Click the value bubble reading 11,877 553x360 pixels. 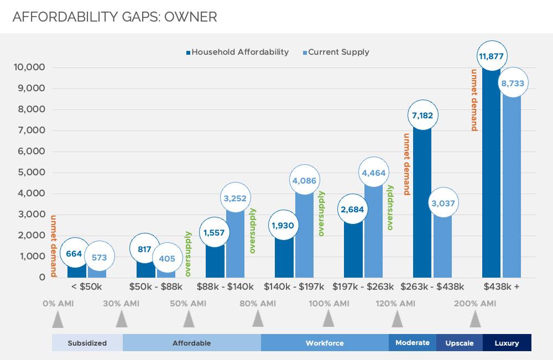491,56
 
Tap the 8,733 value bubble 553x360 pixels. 512,84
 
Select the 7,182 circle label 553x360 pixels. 422,116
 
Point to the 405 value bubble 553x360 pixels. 166,258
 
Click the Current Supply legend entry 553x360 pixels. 337,53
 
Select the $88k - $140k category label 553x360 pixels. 225,287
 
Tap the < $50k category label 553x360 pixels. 86,287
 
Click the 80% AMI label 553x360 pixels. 258,304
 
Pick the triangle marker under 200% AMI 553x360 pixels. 474,319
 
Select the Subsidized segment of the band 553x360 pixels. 87,343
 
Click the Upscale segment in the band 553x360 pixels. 460,343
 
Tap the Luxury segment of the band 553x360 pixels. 507,343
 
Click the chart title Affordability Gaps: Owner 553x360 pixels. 114,17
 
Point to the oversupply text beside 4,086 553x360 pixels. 321,214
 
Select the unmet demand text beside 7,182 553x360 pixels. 406,165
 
